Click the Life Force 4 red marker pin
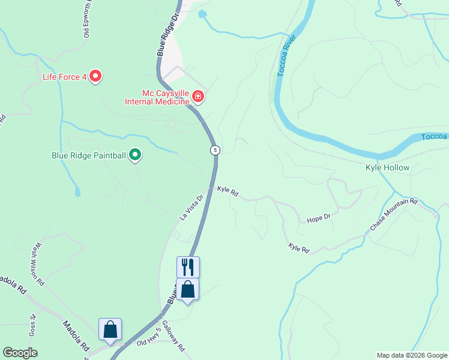point(95,77)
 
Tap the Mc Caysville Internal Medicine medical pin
point(197,97)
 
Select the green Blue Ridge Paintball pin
point(136,155)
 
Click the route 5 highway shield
point(215,149)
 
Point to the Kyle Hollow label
point(387,168)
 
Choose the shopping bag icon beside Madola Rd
point(110,329)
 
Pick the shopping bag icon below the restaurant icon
point(188,289)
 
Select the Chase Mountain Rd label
point(393,215)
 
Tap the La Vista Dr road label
point(193,206)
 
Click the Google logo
point(20,353)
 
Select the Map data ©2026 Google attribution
point(411,355)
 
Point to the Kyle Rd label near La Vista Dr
point(228,191)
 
